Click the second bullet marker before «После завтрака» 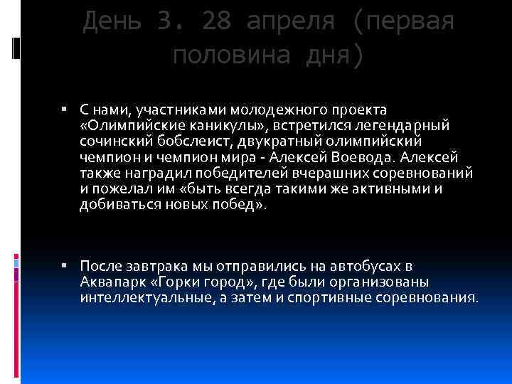click(x=63, y=266)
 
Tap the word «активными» click(x=388, y=188)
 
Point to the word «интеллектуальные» click(x=139, y=297)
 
